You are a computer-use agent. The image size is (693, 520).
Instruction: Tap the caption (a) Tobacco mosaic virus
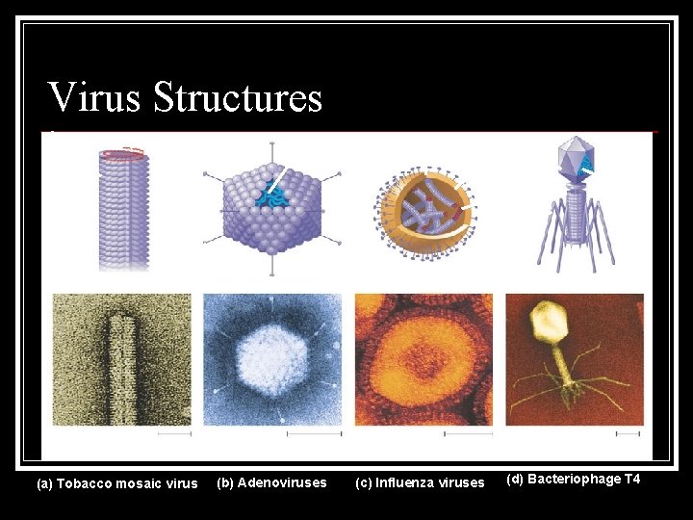coord(116,483)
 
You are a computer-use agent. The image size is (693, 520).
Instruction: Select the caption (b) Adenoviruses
coord(272,481)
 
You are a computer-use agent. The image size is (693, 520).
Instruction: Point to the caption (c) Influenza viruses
coord(421,482)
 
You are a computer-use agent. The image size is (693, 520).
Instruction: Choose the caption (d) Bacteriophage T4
coord(573,480)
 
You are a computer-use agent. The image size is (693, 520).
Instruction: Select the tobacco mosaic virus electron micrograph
coord(122,359)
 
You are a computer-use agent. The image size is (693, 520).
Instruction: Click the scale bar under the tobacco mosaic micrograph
coord(173,434)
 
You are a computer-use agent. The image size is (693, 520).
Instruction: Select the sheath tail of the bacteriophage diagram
coord(575,213)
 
